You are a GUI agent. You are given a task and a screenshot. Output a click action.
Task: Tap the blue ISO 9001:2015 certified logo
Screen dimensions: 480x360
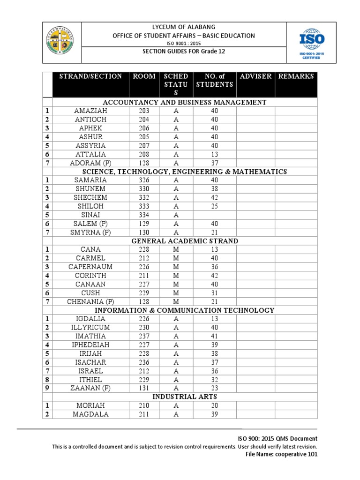point(312,43)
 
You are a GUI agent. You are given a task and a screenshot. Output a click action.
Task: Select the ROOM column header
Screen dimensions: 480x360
point(144,76)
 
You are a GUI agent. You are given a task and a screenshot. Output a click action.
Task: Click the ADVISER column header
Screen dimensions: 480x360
point(255,76)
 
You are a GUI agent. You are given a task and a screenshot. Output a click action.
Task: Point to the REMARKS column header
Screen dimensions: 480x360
point(296,76)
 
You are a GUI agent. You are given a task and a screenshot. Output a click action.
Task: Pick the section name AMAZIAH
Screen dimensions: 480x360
point(90,111)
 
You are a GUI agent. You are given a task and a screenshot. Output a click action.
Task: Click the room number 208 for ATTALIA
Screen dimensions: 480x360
point(144,154)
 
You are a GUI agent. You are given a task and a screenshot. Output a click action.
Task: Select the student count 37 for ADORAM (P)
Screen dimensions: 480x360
point(214,163)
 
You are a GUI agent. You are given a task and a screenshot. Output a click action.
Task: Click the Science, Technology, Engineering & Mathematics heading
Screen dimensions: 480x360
point(185,172)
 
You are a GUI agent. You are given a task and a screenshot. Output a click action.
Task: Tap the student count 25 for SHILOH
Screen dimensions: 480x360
point(214,206)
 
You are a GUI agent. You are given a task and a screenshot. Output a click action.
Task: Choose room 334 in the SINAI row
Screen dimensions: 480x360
point(144,215)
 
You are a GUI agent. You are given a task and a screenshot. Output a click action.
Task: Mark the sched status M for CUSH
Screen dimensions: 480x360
point(176,292)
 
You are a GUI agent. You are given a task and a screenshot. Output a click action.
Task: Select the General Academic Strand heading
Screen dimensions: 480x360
point(185,241)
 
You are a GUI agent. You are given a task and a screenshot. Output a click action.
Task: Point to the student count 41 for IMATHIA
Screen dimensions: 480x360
point(214,336)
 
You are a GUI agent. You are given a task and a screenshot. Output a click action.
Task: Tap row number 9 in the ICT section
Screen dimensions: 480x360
point(47,388)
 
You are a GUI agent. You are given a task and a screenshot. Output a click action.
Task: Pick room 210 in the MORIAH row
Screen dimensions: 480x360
point(144,405)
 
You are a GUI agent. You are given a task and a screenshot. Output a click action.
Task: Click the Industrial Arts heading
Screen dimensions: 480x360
point(185,397)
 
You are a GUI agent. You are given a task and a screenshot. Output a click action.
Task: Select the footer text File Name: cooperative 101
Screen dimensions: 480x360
point(282,454)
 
